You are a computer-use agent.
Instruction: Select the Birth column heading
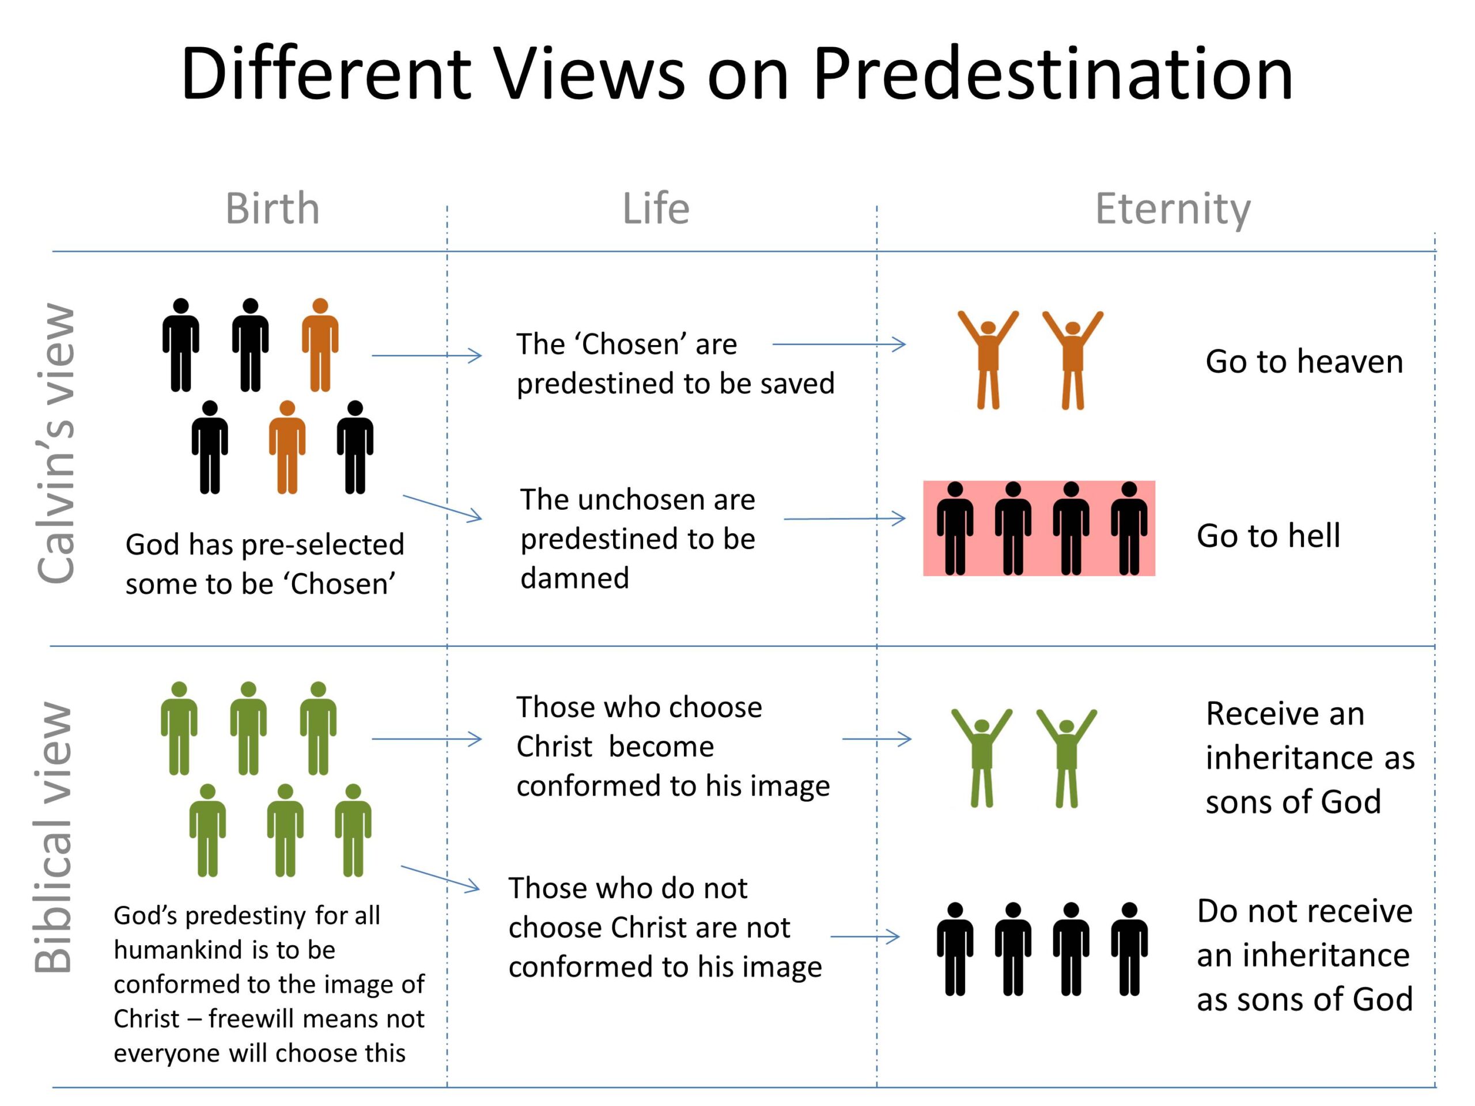coord(272,209)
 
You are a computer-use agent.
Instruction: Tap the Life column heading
coord(656,209)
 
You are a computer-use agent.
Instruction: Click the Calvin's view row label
coord(56,444)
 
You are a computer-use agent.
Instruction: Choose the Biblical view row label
coord(54,836)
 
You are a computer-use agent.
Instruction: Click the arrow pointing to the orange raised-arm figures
coord(839,344)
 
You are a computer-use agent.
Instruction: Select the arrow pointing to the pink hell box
coord(844,518)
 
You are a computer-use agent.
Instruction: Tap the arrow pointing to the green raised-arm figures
coord(876,738)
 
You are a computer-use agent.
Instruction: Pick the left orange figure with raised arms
coord(988,360)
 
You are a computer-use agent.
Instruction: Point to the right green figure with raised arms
coord(1066,758)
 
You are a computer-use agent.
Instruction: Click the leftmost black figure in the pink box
coord(955,528)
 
